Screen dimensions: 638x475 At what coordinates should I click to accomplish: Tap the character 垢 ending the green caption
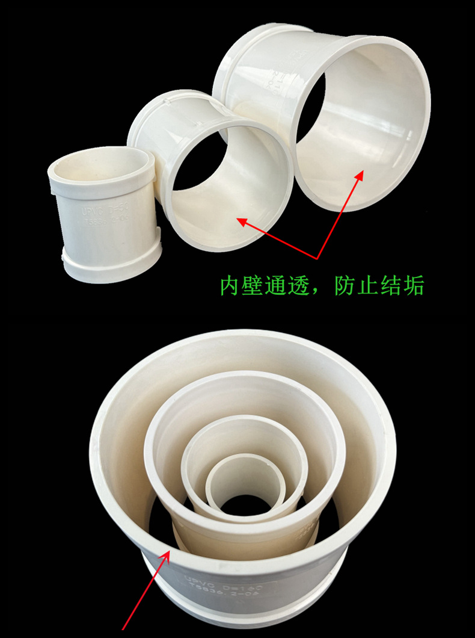(414, 286)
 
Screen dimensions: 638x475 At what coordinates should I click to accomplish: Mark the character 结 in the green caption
(391, 286)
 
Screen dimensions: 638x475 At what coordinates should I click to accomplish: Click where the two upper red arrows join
(317, 258)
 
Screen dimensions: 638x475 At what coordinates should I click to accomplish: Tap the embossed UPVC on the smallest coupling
(91, 212)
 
